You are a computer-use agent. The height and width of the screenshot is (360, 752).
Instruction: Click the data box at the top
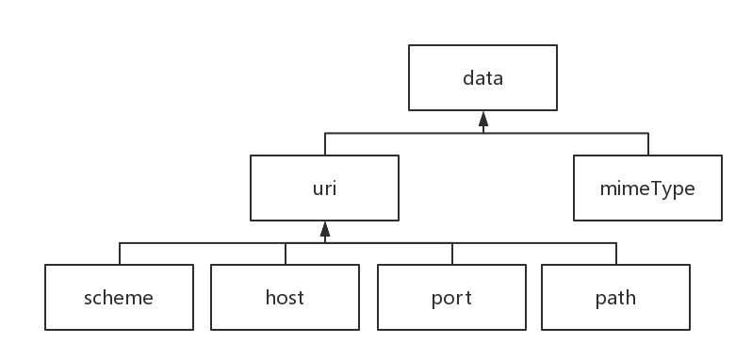(482, 78)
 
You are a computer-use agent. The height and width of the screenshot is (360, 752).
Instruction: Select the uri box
(323, 188)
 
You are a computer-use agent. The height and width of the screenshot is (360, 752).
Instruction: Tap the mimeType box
(647, 188)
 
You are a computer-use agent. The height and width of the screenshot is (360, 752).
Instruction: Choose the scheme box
(119, 298)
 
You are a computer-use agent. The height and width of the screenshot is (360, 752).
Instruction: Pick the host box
(285, 298)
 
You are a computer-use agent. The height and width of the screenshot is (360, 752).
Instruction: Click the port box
(451, 298)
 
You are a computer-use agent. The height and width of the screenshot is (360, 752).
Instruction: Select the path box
(615, 298)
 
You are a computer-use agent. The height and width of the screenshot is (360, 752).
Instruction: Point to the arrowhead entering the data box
(482, 119)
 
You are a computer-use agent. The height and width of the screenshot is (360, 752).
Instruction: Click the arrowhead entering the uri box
(323, 228)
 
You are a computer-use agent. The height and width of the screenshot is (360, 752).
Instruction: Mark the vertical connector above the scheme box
(120, 253)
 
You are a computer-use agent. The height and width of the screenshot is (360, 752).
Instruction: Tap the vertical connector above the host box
(285, 253)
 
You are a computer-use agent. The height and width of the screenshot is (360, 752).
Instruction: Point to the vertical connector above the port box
(451, 253)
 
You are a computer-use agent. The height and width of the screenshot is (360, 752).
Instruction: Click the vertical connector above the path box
(616, 253)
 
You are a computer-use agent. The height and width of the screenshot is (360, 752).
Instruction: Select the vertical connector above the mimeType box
(648, 143)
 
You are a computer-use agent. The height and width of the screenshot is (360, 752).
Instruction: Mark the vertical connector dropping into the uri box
(324, 143)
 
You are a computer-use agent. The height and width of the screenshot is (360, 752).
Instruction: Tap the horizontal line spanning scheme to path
(377, 242)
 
